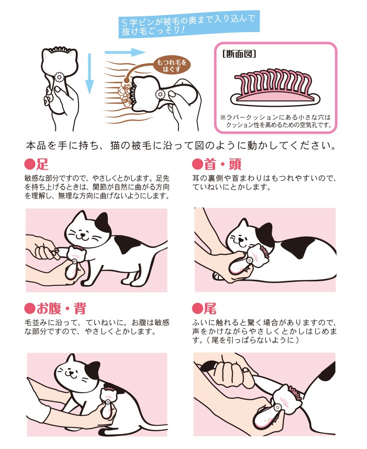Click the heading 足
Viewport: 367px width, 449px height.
(x=42, y=165)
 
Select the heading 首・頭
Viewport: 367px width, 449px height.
(x=223, y=165)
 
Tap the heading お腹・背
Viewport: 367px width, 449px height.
(x=61, y=309)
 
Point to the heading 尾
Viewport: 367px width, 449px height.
(x=210, y=309)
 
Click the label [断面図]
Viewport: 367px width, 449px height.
(x=239, y=54)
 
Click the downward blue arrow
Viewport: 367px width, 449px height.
(x=90, y=74)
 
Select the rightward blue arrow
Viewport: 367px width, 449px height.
(x=125, y=53)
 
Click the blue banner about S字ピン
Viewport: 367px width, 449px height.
(x=189, y=25)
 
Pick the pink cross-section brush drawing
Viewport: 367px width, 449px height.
(x=275, y=87)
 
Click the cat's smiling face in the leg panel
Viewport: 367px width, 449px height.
(x=83, y=233)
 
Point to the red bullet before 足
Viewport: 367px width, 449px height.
(x=29, y=165)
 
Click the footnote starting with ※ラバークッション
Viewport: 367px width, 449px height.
(x=275, y=121)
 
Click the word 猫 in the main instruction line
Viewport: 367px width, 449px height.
(x=116, y=146)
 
